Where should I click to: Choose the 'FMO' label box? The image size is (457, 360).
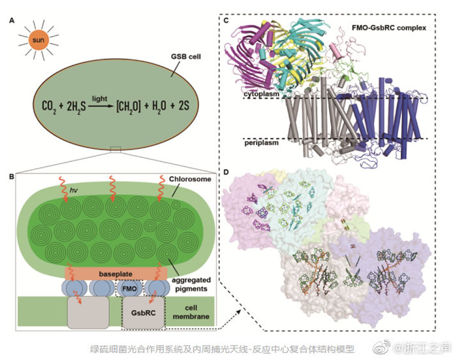[128, 287]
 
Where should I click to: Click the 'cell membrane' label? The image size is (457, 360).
[192, 312]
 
